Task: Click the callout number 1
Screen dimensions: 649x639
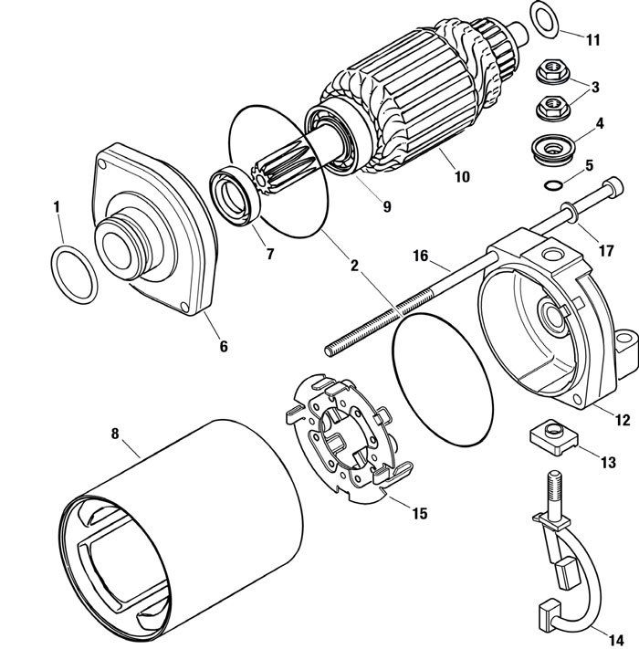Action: point(57,207)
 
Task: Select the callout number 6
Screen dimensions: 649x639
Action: point(223,347)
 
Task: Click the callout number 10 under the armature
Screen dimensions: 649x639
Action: point(462,176)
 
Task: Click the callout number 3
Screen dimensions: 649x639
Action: point(594,88)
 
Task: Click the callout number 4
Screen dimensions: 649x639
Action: point(600,122)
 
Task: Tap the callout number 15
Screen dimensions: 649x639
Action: point(418,513)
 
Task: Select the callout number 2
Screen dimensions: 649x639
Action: point(354,268)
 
